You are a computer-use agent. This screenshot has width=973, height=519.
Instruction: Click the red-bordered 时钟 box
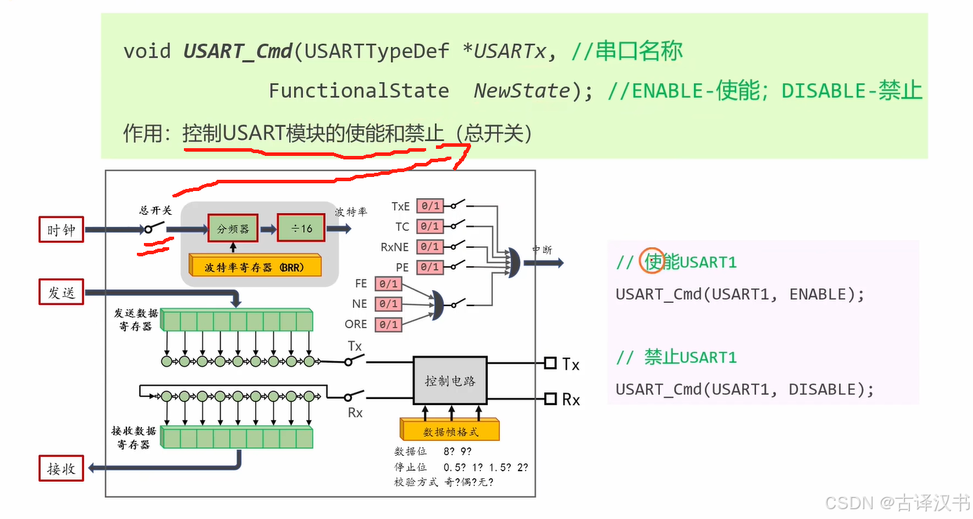point(61,230)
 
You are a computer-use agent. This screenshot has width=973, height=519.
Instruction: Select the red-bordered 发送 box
point(61,292)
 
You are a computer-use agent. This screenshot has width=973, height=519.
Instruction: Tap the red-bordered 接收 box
point(61,468)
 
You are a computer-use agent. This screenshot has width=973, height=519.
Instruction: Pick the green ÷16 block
point(301,229)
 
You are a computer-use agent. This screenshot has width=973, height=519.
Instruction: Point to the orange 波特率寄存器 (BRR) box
point(255,267)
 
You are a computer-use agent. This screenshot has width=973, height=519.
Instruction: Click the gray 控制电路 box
point(450,380)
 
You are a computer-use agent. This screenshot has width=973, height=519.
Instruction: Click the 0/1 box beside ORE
point(388,324)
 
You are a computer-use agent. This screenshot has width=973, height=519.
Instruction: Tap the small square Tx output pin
point(550,363)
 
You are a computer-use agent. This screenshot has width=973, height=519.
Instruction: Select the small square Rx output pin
point(550,399)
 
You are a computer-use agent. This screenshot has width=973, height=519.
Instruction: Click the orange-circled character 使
point(653,262)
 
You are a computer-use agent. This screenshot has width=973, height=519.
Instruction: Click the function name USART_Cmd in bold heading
point(237,51)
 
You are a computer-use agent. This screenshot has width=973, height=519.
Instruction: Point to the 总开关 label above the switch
point(155,210)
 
